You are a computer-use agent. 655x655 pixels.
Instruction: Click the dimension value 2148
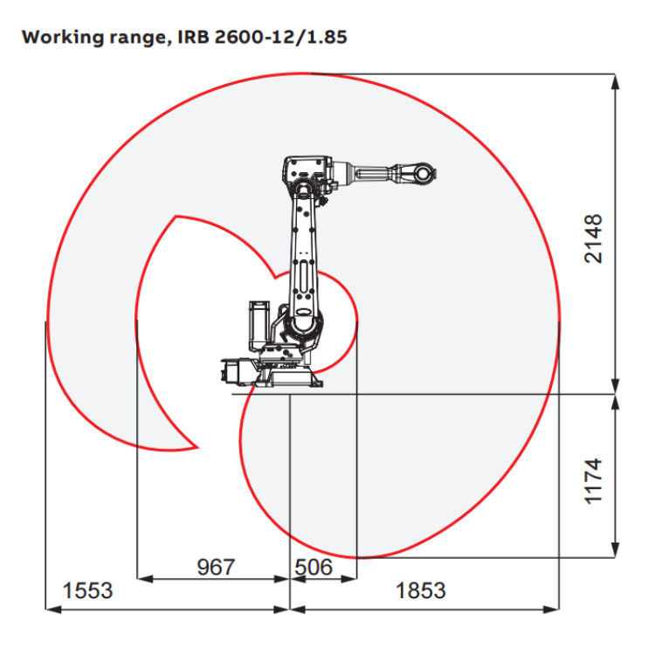click(x=594, y=238)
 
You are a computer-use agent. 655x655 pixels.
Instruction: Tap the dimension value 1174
click(x=594, y=479)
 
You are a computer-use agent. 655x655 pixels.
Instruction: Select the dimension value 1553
click(x=87, y=590)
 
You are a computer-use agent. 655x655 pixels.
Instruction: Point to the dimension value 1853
click(x=421, y=590)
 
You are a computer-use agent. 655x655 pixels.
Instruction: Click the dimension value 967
click(x=215, y=568)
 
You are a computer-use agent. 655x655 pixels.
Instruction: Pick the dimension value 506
click(x=314, y=568)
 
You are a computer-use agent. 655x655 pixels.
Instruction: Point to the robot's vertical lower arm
click(x=304, y=253)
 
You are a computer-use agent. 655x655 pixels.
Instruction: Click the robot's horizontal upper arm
click(x=367, y=172)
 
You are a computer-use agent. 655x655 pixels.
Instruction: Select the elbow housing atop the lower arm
click(x=305, y=171)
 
